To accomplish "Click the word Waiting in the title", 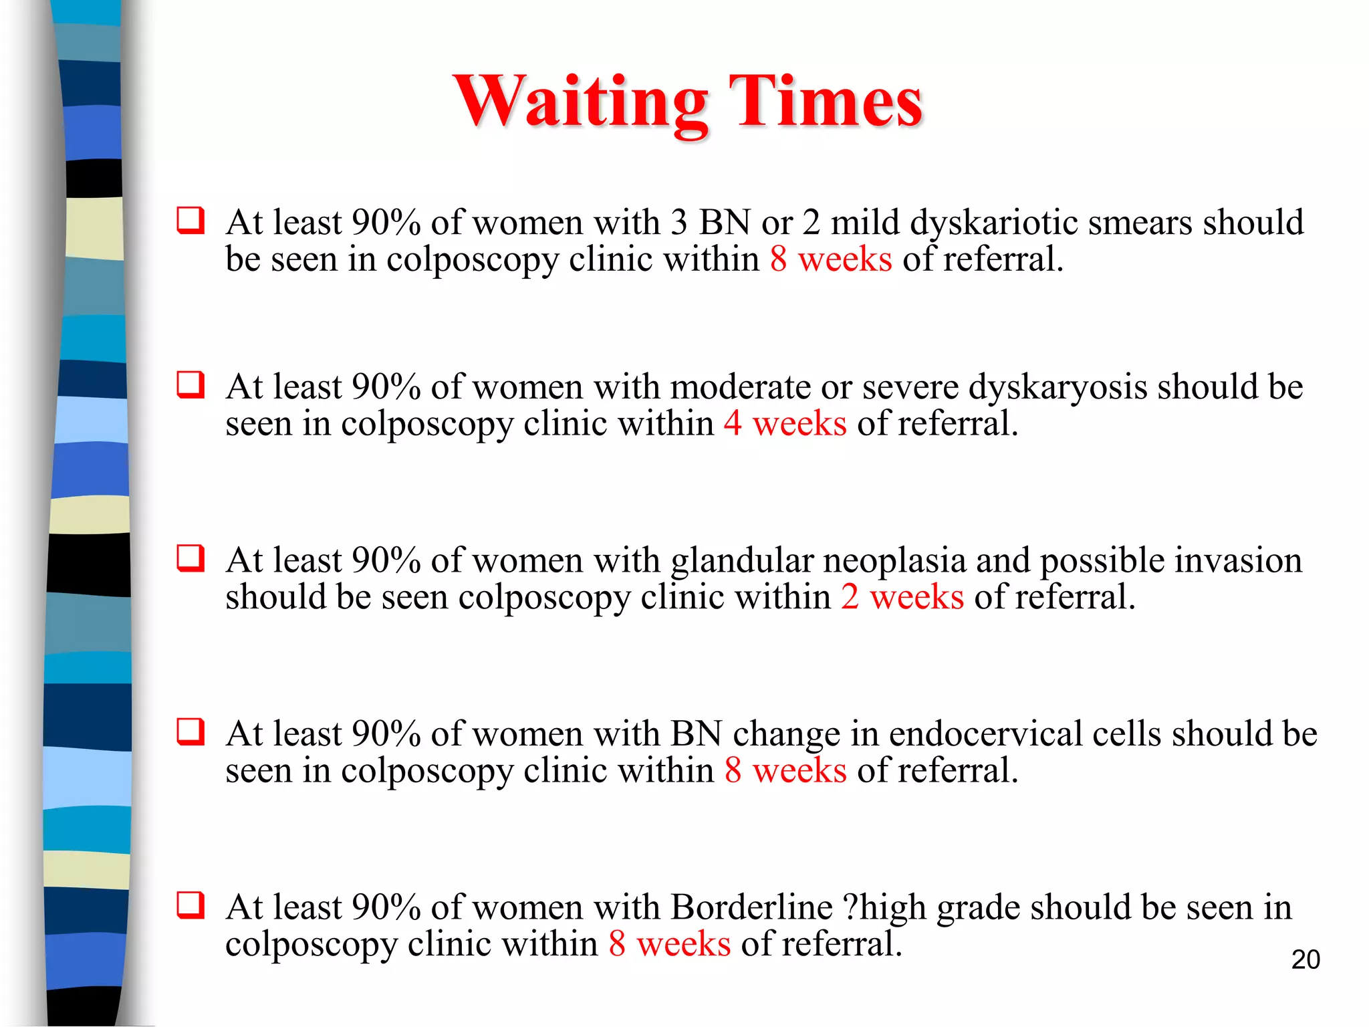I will click(580, 102).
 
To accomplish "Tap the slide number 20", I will click(1305, 959).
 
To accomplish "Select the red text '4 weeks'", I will click(785, 423).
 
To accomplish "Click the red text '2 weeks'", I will click(902, 596).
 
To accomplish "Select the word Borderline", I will click(751, 907).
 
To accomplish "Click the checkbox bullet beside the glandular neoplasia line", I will click(191, 558).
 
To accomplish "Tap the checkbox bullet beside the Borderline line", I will click(191, 905).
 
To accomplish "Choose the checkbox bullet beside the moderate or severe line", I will click(191, 385).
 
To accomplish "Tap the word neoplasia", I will click(894, 561).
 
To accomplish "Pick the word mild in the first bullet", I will click(865, 222).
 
